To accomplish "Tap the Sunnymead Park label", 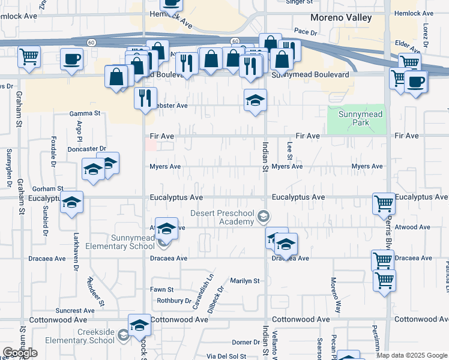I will pyautogui.click(x=360, y=118).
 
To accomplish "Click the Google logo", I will pyautogui.click(x=20, y=353).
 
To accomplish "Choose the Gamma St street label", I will pyautogui.click(x=85, y=113).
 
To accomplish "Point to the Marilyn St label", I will pyautogui.click(x=245, y=280).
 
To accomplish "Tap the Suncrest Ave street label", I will pyautogui.click(x=75, y=311).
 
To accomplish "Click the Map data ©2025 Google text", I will pyautogui.click(x=412, y=355).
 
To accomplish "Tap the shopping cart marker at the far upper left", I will pyautogui.click(x=29, y=56).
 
